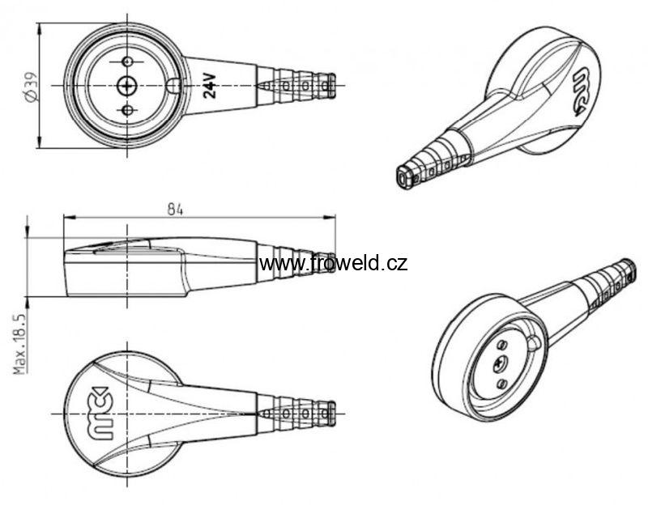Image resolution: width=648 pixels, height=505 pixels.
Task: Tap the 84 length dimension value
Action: pos(175,210)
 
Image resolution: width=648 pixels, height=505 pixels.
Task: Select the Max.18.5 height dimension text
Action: pos(19,344)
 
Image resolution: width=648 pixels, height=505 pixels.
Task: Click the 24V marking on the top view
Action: pos(210,86)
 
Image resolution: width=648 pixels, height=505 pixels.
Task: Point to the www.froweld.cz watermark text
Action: pos(333,263)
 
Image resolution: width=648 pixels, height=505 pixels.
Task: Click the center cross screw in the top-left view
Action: pos(127,86)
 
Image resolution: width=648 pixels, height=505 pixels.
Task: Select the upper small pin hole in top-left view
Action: pos(128,62)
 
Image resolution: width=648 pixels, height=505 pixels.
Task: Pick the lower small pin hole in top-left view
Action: pos(128,110)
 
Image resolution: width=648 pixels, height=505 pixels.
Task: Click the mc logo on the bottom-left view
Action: pos(98,413)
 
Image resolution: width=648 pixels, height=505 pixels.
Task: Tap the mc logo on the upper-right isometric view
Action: pos(582,92)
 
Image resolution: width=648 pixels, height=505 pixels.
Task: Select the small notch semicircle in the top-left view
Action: pos(173,86)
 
